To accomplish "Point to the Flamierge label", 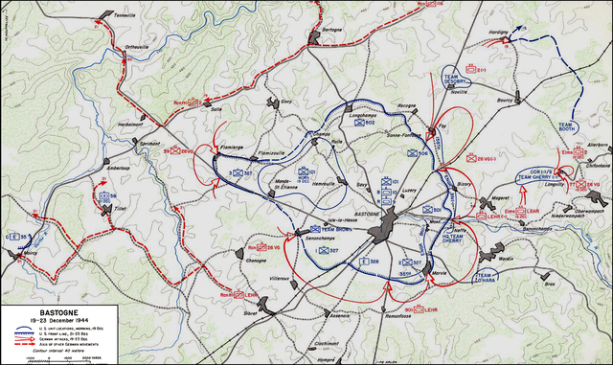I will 209,147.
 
